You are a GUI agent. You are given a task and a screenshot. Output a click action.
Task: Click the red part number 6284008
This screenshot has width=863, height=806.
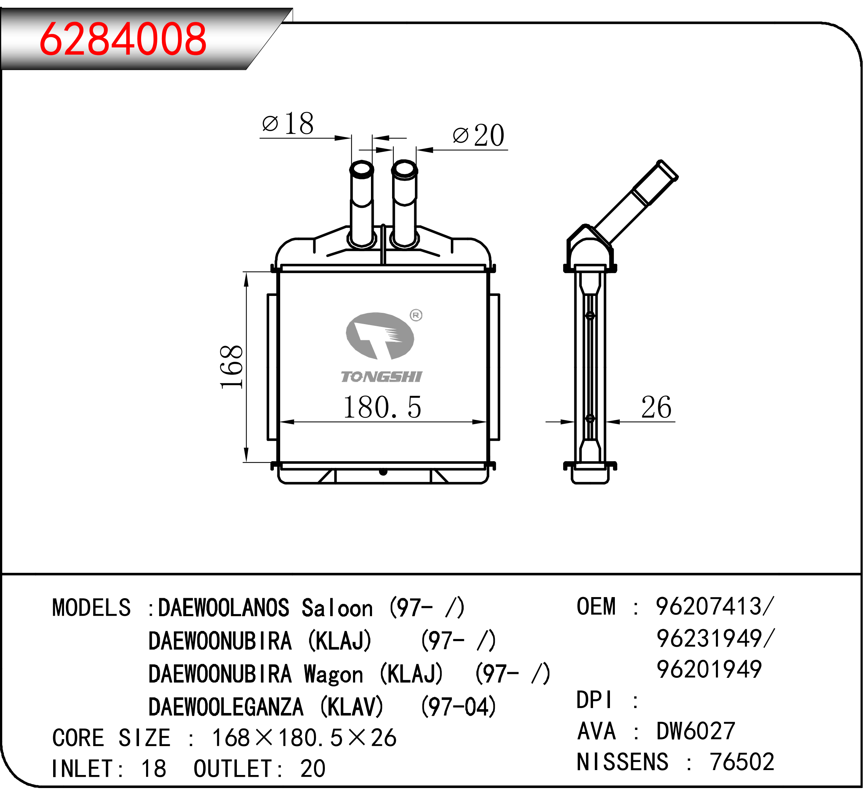coord(123,39)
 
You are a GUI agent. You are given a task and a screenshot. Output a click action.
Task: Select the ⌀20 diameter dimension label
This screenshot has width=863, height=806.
coord(478,135)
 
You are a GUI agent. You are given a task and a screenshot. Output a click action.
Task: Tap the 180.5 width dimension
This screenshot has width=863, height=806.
coord(382,407)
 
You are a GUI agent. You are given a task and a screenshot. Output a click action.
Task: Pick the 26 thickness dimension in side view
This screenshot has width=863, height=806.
coord(656,407)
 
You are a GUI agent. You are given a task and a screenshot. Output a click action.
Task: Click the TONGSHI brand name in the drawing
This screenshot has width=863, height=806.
coord(382,376)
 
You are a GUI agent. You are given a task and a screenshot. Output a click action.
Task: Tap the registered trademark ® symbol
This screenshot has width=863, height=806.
coord(416,315)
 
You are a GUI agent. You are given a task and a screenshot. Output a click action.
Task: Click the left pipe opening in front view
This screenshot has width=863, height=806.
coord(361,169)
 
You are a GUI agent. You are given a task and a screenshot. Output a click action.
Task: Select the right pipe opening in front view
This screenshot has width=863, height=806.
coord(405,169)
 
